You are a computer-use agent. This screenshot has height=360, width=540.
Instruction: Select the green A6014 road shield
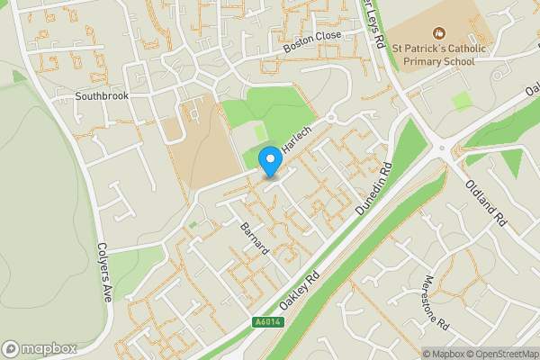click(x=266, y=321)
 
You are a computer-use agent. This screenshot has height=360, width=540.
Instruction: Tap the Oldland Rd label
click(x=488, y=202)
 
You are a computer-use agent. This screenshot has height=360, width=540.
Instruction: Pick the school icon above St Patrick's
click(x=440, y=33)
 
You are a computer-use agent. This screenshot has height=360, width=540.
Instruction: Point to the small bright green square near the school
click(x=463, y=101)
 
